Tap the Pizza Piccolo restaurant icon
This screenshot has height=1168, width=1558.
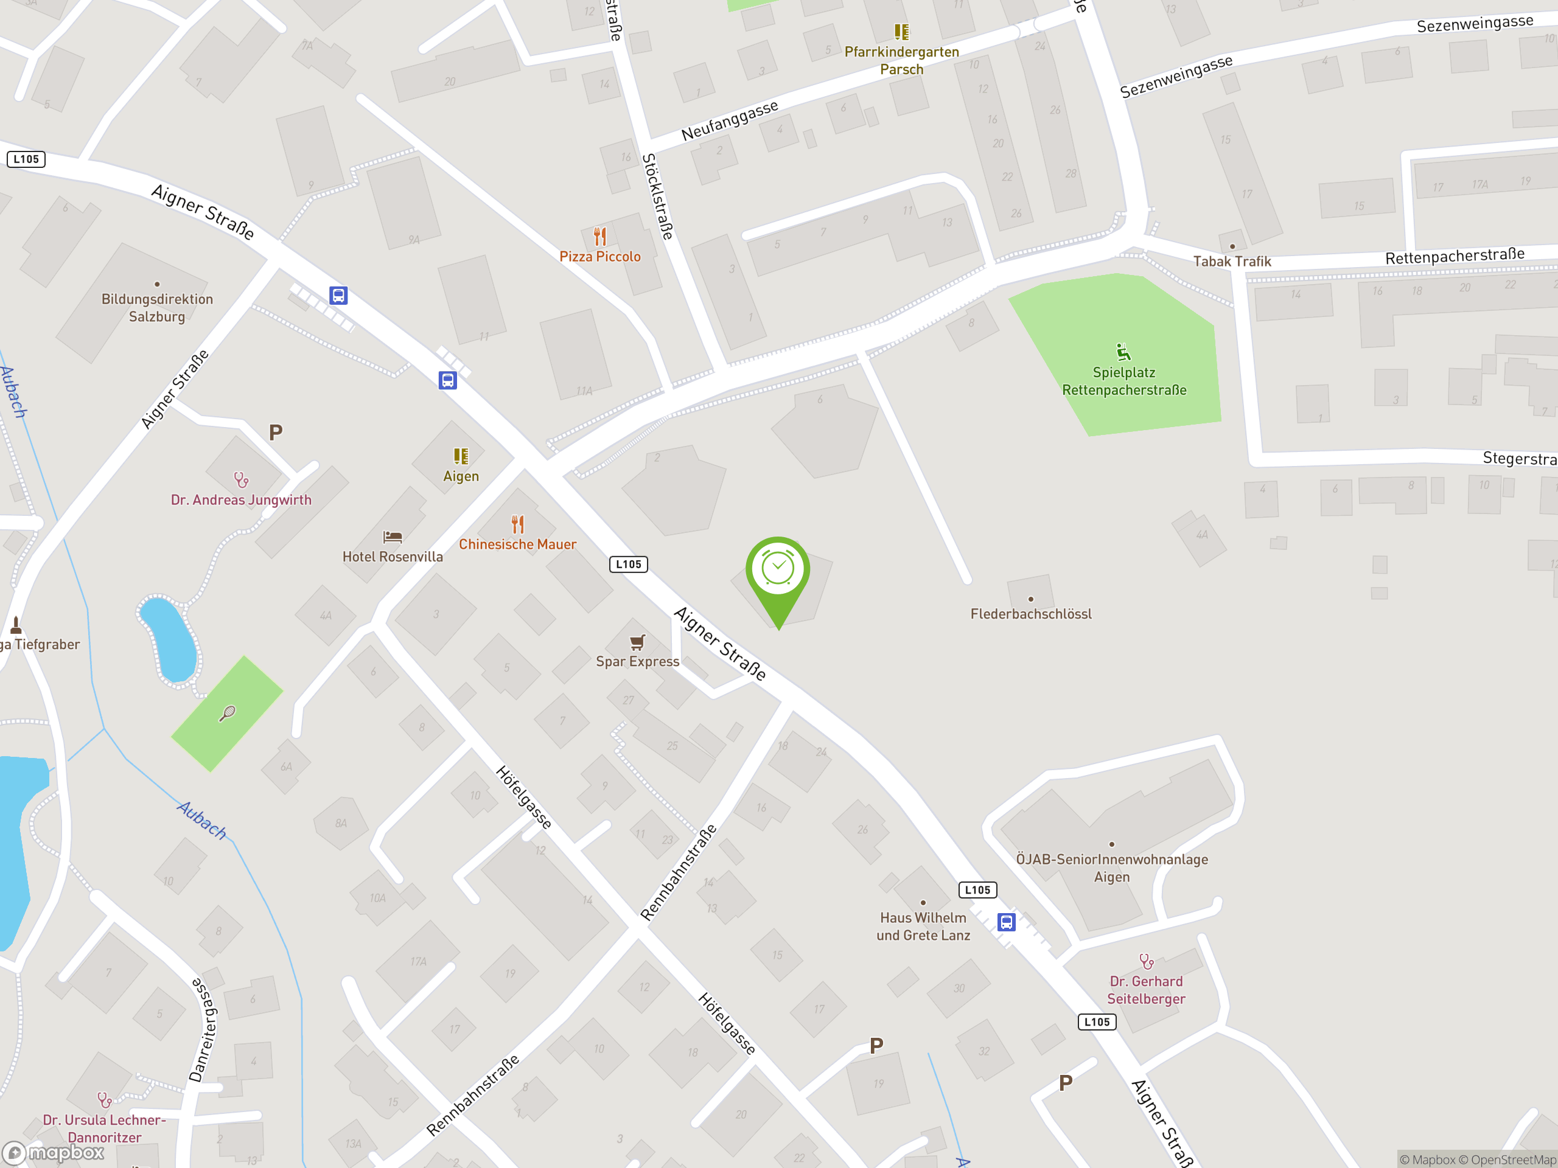pyautogui.click(x=599, y=236)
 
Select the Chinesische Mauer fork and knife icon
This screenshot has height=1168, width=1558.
pyautogui.click(x=518, y=524)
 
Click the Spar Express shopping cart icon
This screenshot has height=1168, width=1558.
pyautogui.click(x=637, y=642)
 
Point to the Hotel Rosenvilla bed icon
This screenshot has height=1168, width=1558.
pyautogui.click(x=393, y=538)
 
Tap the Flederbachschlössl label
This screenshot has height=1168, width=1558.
pyautogui.click(x=1030, y=614)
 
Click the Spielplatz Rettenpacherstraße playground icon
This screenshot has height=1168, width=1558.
pyautogui.click(x=1123, y=352)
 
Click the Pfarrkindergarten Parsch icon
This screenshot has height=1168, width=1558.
pyautogui.click(x=901, y=32)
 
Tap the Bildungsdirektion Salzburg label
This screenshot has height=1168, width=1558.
pyautogui.click(x=157, y=308)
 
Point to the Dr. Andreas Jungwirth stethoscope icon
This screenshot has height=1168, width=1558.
pyautogui.click(x=242, y=480)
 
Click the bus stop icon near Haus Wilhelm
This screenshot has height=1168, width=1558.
pyautogui.click(x=1007, y=922)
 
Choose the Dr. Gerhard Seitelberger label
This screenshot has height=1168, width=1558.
pyautogui.click(x=1146, y=990)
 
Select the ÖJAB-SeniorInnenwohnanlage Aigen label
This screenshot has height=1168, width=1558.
pyautogui.click(x=1111, y=868)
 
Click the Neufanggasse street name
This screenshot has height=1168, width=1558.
pyautogui.click(x=729, y=120)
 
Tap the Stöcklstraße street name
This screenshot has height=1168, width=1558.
pyautogui.click(x=658, y=196)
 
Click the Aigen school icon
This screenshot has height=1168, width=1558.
pyautogui.click(x=461, y=457)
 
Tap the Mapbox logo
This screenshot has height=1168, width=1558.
pyautogui.click(x=54, y=1153)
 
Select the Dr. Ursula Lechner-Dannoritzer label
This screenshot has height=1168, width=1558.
pyautogui.click(x=104, y=1128)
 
